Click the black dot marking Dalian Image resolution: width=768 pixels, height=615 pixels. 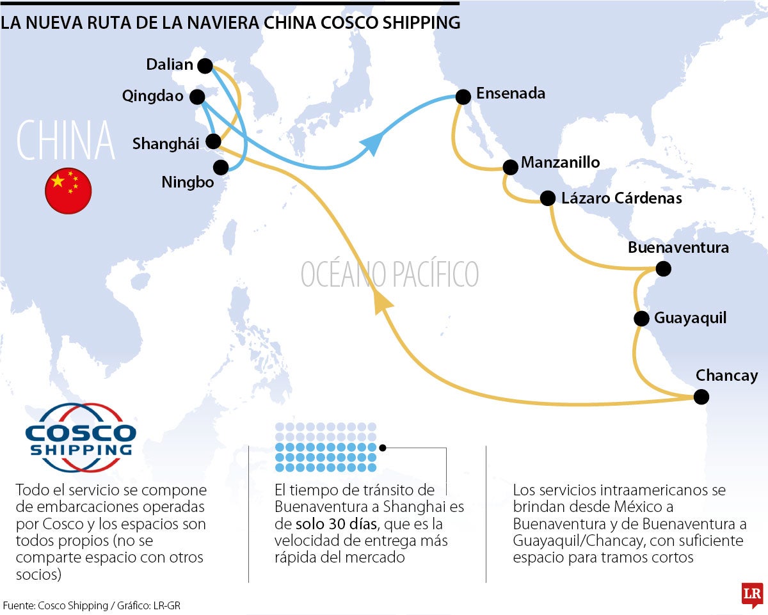[x=205, y=65]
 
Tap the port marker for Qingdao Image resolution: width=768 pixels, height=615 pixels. [x=197, y=97]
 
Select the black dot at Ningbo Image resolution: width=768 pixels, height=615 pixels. [x=221, y=168]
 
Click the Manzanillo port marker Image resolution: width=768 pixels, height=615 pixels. [x=510, y=167]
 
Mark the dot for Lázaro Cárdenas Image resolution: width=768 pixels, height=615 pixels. [x=548, y=198]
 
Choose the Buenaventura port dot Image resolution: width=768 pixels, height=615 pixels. [x=664, y=269]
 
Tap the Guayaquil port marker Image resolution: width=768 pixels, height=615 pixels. [x=641, y=318]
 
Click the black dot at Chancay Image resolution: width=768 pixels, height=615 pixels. [x=701, y=397]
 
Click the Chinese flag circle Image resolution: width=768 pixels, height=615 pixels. [x=68, y=191]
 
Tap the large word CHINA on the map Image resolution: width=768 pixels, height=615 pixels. [x=65, y=140]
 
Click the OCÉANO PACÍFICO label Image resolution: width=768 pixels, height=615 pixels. [x=390, y=274]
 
